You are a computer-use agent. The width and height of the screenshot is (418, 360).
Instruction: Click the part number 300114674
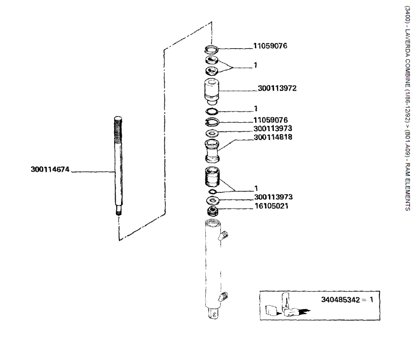point(51,170)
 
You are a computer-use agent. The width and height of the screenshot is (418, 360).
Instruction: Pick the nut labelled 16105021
point(212,210)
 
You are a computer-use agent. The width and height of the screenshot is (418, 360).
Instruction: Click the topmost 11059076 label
point(270,46)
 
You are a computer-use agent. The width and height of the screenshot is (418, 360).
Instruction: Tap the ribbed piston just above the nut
point(212,177)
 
